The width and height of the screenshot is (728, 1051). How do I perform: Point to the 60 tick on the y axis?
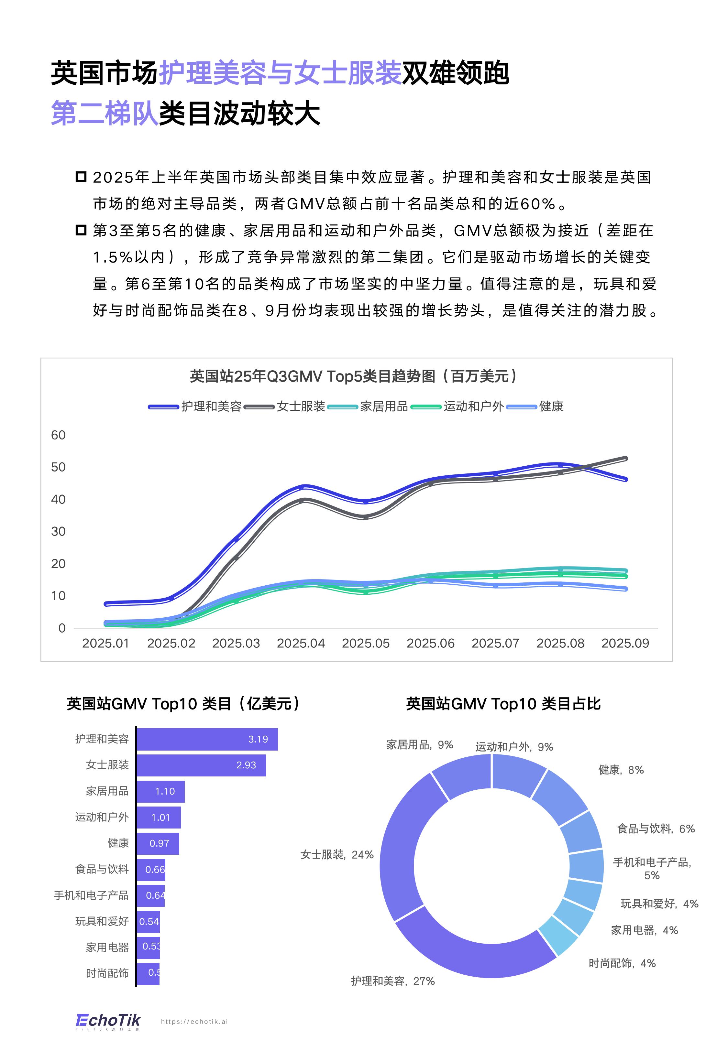(x=58, y=435)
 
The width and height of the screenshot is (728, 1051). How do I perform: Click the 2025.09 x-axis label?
(x=624, y=643)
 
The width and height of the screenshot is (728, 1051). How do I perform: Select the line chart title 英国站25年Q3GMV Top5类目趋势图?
(x=354, y=376)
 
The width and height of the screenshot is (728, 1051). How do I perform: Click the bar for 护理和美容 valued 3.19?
(x=207, y=739)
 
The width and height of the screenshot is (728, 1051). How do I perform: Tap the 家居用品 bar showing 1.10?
(x=160, y=791)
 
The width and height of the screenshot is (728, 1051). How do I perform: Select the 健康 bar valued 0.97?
(x=158, y=843)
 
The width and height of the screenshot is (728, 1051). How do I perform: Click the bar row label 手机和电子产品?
(x=91, y=895)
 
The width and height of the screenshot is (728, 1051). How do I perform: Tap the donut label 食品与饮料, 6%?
(x=656, y=829)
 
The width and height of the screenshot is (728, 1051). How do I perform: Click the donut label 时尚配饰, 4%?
(x=622, y=963)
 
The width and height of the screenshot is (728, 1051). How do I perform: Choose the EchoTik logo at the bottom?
(x=108, y=1021)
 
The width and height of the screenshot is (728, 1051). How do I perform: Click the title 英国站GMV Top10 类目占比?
(x=503, y=704)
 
